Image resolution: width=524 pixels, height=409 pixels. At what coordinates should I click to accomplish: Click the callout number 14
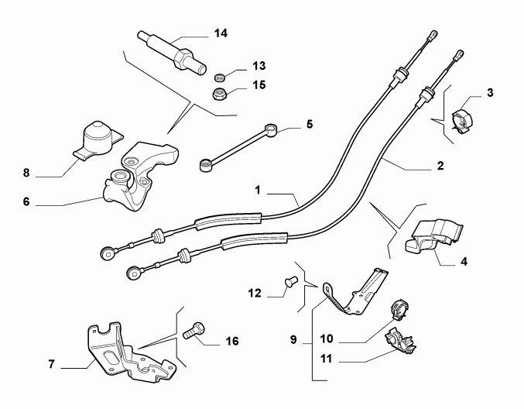pyautogui.click(x=221, y=33)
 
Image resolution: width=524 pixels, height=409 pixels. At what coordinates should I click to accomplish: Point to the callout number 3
pyautogui.click(x=490, y=95)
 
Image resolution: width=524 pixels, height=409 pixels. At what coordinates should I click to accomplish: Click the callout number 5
pyautogui.click(x=309, y=123)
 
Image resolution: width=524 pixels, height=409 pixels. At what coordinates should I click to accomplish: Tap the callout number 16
pyautogui.click(x=231, y=340)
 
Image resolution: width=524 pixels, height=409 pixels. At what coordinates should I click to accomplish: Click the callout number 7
pyautogui.click(x=51, y=363)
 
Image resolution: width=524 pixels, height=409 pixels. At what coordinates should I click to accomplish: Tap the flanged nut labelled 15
pyautogui.click(x=221, y=96)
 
